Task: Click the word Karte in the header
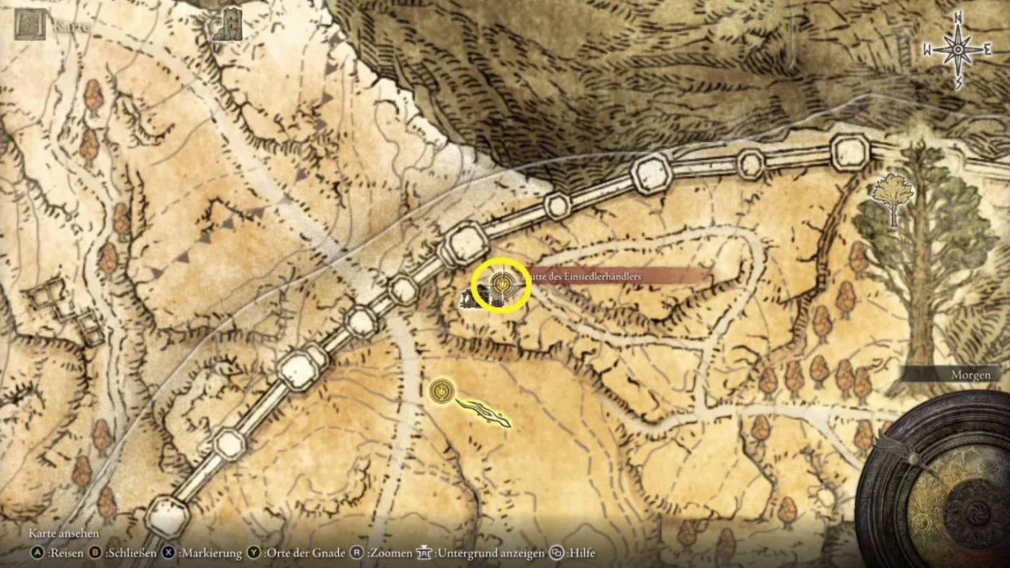(x=71, y=26)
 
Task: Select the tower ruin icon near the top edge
(x=228, y=25)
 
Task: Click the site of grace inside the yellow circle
(x=501, y=285)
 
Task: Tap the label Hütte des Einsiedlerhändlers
(x=584, y=276)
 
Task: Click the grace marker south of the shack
(x=440, y=391)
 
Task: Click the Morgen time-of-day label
(x=971, y=376)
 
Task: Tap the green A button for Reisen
(x=37, y=553)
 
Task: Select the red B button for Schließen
(x=95, y=553)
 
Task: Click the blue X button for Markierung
(x=168, y=553)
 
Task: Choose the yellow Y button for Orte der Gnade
(x=254, y=553)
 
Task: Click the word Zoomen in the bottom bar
(x=390, y=553)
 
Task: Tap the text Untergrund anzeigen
(x=491, y=553)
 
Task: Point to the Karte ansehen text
(x=64, y=533)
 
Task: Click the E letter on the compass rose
(x=987, y=50)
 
